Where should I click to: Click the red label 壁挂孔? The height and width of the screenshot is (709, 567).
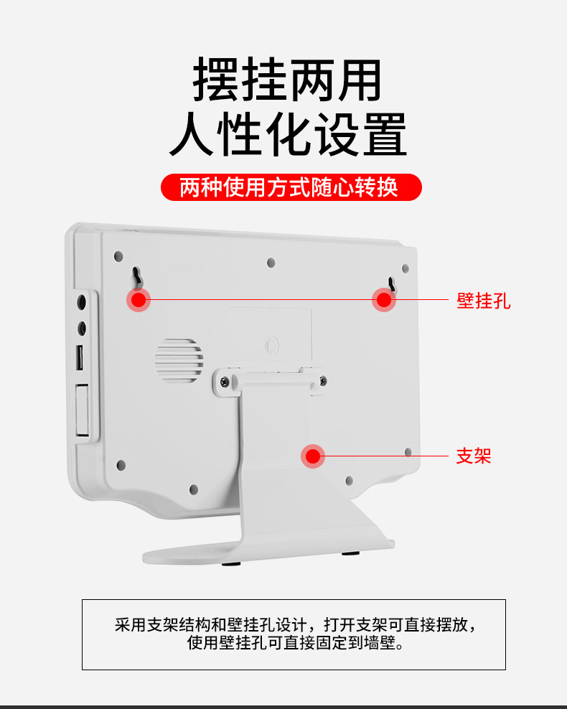click(483, 301)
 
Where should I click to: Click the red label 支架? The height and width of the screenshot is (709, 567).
click(474, 456)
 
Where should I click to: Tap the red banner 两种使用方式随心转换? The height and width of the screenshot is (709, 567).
click(291, 187)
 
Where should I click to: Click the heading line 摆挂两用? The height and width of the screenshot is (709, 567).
click(288, 80)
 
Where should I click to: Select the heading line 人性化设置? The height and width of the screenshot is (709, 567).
click(289, 134)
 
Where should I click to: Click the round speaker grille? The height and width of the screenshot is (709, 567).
click(179, 360)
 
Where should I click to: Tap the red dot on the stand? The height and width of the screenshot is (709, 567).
click(313, 456)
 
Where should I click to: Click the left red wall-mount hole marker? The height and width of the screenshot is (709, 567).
click(139, 299)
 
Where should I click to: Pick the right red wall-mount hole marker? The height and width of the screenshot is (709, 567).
click(384, 299)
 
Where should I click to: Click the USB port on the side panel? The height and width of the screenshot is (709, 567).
click(80, 357)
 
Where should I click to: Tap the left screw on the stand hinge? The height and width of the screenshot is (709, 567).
click(225, 382)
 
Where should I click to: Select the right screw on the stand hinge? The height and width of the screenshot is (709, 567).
click(322, 382)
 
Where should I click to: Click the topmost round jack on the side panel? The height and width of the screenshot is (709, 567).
click(82, 301)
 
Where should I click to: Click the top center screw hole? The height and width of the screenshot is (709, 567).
click(271, 263)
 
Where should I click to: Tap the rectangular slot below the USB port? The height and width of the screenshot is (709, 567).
click(82, 410)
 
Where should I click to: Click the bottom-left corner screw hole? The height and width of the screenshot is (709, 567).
click(121, 465)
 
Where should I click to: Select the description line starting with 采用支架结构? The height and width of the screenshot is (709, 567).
click(296, 625)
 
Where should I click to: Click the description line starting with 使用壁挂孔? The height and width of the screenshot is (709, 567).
click(296, 642)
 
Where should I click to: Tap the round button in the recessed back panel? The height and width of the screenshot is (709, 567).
click(272, 346)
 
